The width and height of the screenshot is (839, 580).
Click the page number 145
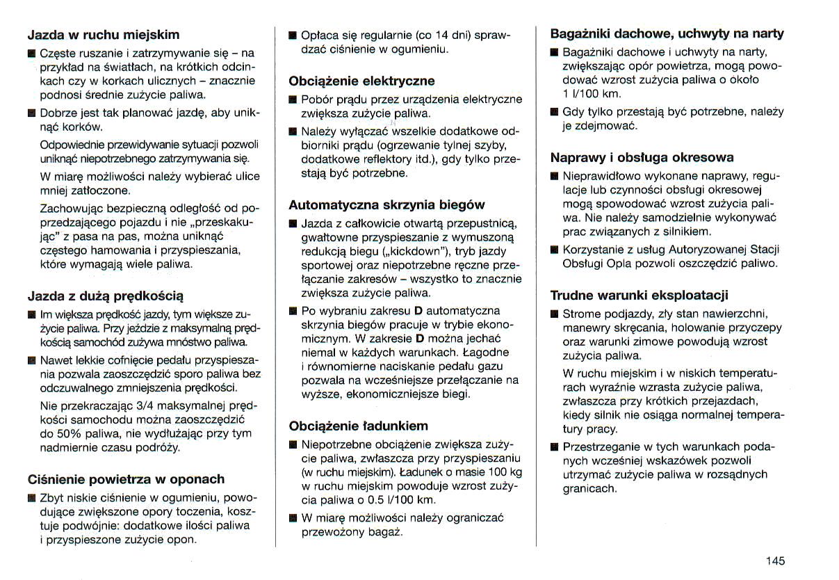pos(776,561)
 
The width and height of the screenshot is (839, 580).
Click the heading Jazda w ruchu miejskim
pos(103,35)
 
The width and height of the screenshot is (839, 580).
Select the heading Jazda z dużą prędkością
pos(106,296)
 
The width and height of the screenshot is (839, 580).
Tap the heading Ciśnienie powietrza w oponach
pos(126,479)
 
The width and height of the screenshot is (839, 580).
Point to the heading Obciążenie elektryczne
pos(361,81)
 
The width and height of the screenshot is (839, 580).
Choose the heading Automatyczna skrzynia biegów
pos(386,205)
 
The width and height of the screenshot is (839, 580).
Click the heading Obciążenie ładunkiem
pos(358,426)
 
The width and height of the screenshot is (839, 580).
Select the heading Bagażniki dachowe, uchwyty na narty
pos(667,33)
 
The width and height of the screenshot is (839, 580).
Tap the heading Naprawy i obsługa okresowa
pos(642,157)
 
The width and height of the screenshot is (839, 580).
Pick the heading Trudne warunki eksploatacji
pos(639,296)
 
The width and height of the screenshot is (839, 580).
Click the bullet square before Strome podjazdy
pos(554,314)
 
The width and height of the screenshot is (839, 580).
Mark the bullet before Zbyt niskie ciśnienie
pos(31,498)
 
